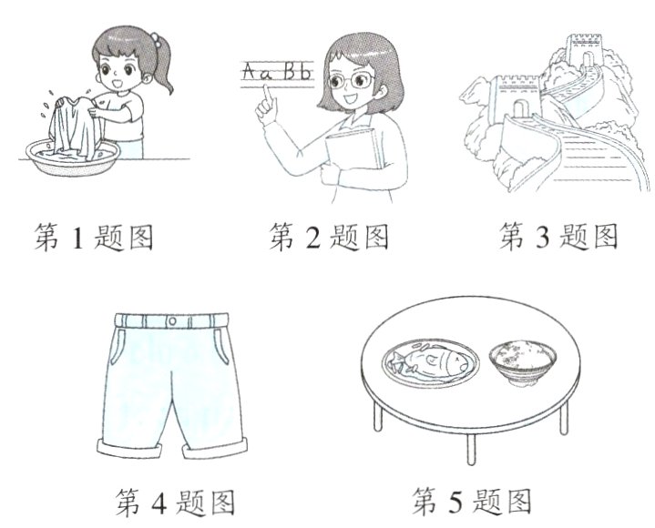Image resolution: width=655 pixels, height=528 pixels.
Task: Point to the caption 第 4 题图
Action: click(176, 501)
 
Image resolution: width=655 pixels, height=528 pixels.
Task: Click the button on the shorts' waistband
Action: click(174, 320)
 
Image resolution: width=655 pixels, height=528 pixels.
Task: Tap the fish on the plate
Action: click(432, 365)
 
